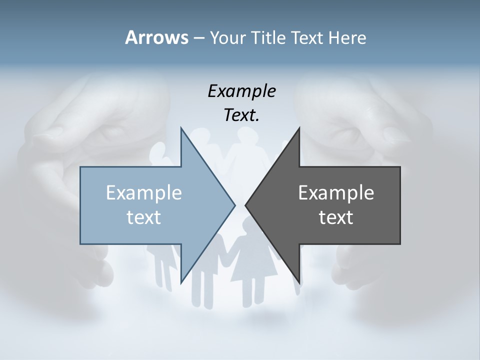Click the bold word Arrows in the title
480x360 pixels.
click(156, 37)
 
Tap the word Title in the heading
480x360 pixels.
click(269, 37)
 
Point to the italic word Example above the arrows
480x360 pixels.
click(241, 91)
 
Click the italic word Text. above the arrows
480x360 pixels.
click(241, 115)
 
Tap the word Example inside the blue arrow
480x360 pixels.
click(144, 192)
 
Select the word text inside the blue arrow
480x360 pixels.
click(144, 217)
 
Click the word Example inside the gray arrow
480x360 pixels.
click(336, 192)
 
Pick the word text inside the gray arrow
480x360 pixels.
click(336, 217)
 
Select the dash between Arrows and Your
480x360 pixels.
click(198, 38)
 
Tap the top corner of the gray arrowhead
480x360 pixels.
click(299, 127)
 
